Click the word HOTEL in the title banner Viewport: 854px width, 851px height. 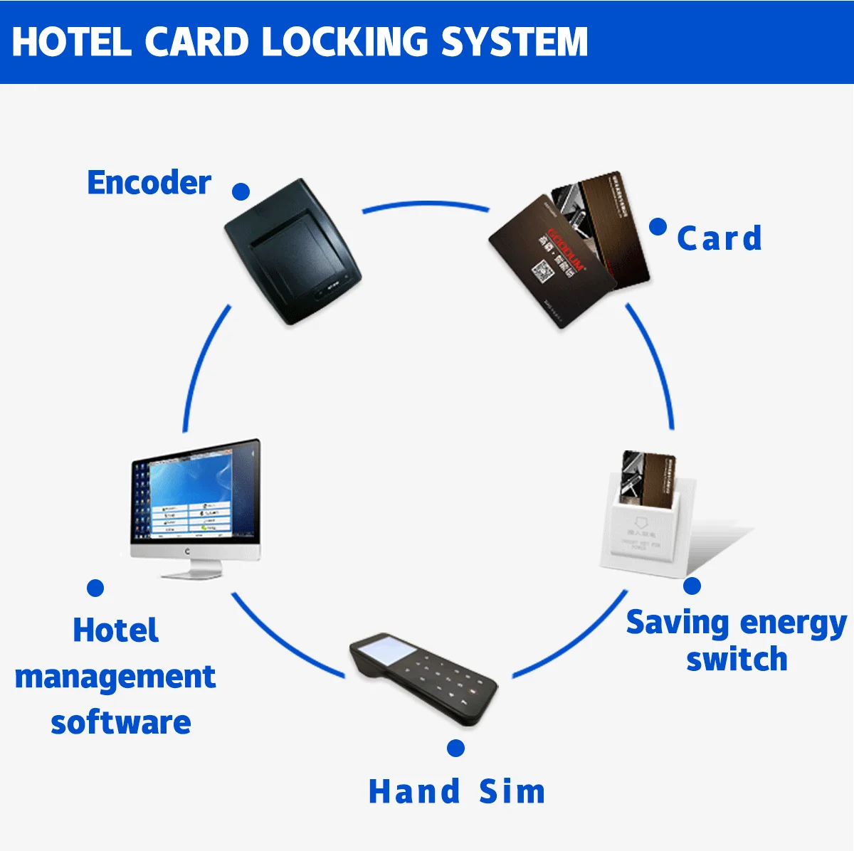71,41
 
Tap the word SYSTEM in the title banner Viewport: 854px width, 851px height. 515,41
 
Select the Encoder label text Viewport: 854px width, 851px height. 149,183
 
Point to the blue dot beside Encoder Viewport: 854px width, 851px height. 241,191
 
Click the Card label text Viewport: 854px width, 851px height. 719,238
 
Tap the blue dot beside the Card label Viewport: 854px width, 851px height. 658,227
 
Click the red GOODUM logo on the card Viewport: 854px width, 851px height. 566,250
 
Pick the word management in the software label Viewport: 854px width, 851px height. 115,677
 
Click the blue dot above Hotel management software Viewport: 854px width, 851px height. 95,588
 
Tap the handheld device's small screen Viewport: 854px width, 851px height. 384,650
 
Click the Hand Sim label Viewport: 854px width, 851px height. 456,791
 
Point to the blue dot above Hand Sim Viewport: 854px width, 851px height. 456,748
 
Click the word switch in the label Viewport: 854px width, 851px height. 737,660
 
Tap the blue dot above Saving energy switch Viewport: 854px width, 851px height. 692,586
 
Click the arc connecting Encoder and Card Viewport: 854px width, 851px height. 426,205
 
